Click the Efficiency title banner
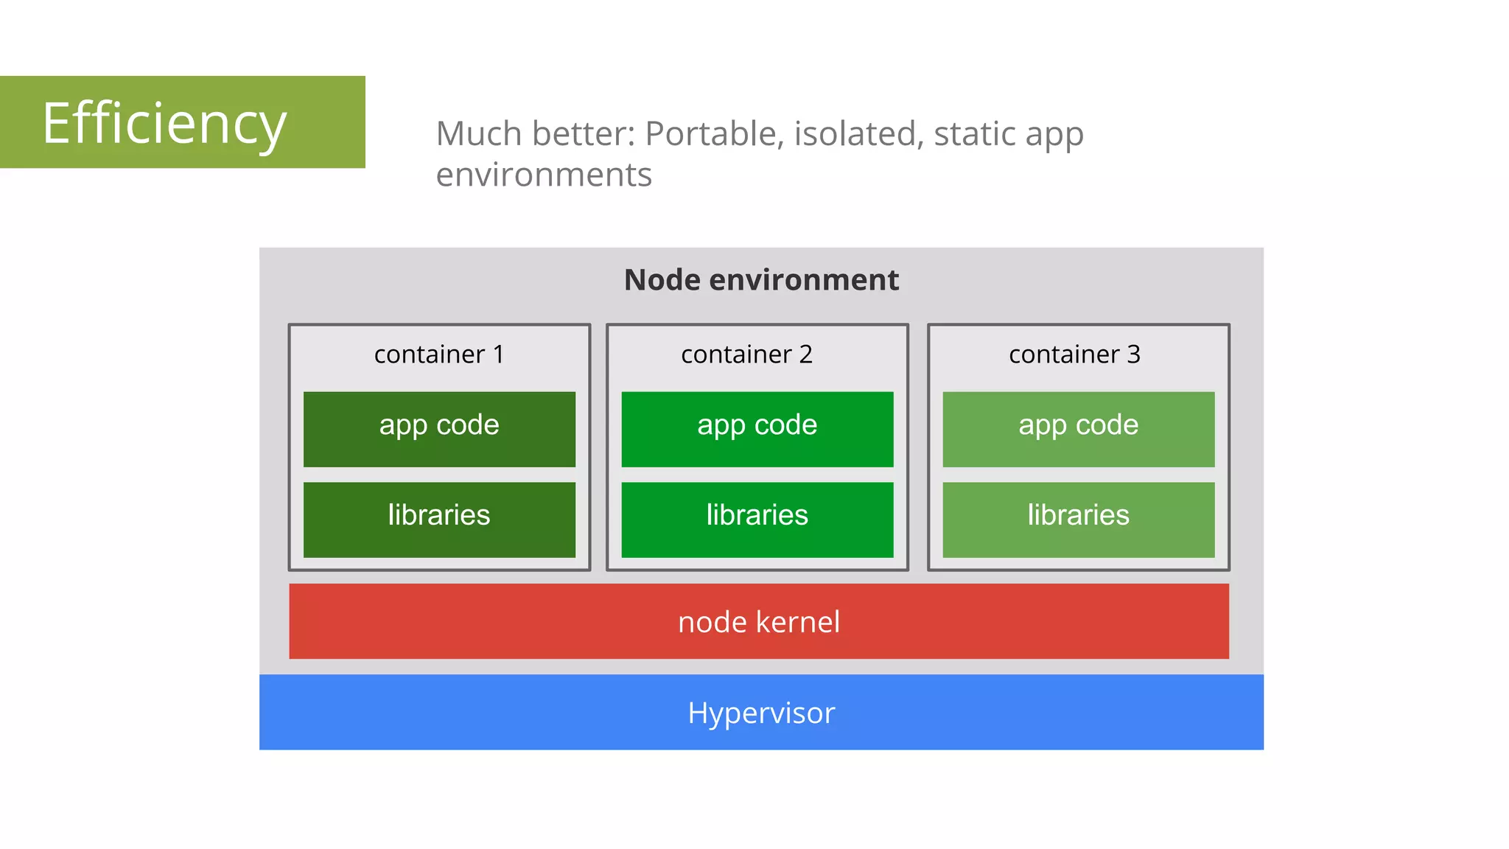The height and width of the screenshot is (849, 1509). pyautogui.click(x=182, y=122)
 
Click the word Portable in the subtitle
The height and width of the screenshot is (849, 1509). pyautogui.click(x=710, y=134)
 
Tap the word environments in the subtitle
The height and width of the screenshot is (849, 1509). pyautogui.click(x=544, y=175)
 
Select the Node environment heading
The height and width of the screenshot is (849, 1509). pyautogui.click(x=761, y=280)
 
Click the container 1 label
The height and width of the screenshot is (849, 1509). pyautogui.click(x=439, y=354)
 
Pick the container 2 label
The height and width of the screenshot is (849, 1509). pyautogui.click(x=746, y=354)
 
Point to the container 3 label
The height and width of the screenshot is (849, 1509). pyautogui.click(x=1074, y=354)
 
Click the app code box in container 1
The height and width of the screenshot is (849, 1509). pyautogui.click(x=439, y=429)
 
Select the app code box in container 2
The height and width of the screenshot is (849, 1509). pyautogui.click(x=757, y=429)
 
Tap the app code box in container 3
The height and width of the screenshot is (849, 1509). pyautogui.click(x=1079, y=429)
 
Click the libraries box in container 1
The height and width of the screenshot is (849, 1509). pyautogui.click(x=439, y=520)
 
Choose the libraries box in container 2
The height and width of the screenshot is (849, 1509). pyautogui.click(x=757, y=520)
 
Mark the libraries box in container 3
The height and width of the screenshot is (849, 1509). pyautogui.click(x=1079, y=520)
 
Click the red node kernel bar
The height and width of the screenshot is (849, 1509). pyautogui.click(x=759, y=621)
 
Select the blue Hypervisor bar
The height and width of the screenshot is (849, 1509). pyautogui.click(x=761, y=713)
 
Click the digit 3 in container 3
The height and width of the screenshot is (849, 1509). pyautogui.click(x=1133, y=354)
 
